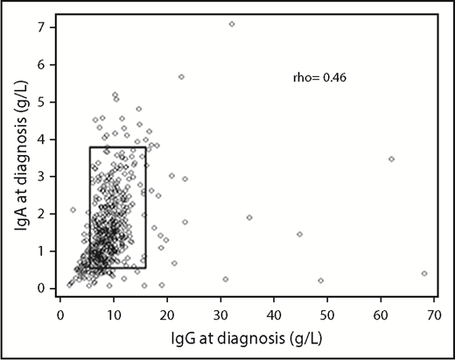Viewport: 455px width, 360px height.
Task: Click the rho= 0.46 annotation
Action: [320, 79]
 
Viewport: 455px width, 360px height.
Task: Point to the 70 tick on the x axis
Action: [435, 311]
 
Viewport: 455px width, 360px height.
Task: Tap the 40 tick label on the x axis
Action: [274, 311]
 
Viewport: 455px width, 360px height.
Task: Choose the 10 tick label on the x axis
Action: [114, 311]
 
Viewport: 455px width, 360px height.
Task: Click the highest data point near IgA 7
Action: [232, 25]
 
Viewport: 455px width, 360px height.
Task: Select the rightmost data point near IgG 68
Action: [424, 273]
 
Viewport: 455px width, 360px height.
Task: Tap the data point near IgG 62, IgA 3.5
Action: [391, 159]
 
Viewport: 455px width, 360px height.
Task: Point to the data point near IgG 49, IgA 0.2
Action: [321, 280]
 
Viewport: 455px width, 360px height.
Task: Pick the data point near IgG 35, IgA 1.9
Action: [249, 217]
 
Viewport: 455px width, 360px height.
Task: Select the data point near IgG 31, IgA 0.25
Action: [226, 279]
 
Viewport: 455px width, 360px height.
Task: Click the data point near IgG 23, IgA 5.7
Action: [181, 77]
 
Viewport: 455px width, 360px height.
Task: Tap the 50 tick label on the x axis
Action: [328, 311]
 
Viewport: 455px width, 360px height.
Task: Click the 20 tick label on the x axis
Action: [167, 311]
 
